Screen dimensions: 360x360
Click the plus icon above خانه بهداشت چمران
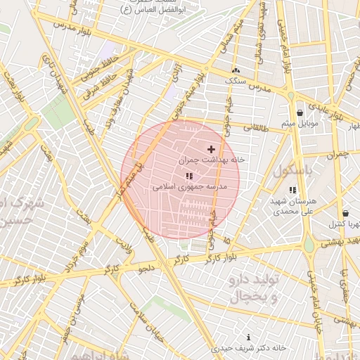click(x=211, y=149)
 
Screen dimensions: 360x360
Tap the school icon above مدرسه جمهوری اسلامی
click(x=189, y=176)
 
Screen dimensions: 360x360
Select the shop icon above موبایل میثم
click(x=300, y=112)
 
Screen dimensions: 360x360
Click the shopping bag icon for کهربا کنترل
click(x=345, y=213)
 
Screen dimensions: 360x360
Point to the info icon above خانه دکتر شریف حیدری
click(x=248, y=337)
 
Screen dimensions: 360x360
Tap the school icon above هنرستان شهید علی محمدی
click(x=292, y=190)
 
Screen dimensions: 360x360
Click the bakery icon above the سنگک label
click(x=236, y=70)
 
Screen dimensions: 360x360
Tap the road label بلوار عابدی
click(x=328, y=113)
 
